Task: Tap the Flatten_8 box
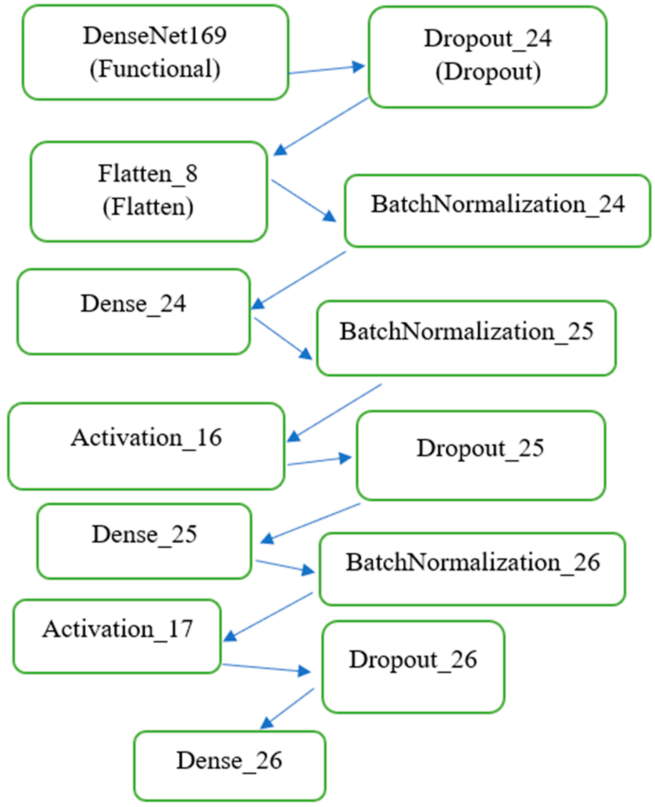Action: [x=149, y=191]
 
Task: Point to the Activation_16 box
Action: [x=146, y=446]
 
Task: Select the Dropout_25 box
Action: [x=481, y=455]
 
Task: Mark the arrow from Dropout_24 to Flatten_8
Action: [x=321, y=126]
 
